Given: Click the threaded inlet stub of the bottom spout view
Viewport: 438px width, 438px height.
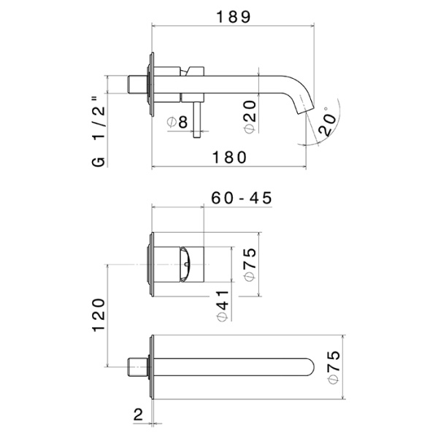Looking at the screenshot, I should point(138,364).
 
